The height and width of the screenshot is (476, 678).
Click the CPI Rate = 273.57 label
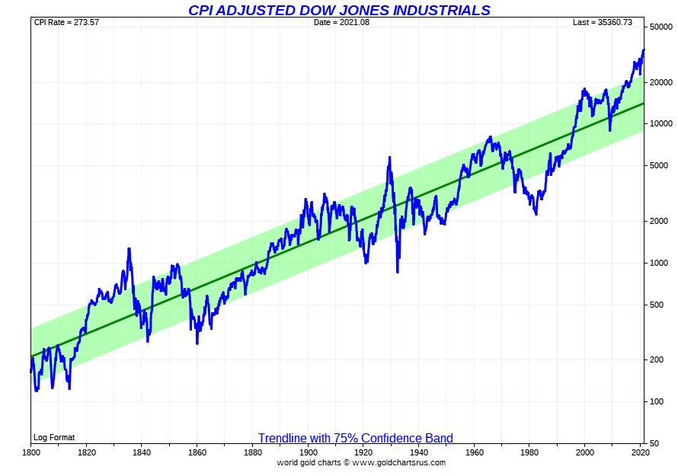pos(66,22)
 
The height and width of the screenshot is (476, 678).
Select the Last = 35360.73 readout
pos(603,22)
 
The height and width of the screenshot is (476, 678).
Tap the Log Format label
pos(54,437)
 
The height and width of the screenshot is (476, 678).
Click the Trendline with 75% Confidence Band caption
pos(355,438)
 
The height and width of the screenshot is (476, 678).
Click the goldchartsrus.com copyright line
pos(361,462)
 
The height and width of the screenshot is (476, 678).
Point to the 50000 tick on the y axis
pos(660,27)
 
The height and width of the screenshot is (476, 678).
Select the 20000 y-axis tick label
pos(660,82)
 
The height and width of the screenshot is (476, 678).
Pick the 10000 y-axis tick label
pos(660,124)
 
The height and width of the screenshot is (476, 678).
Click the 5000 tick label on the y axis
pos(659,166)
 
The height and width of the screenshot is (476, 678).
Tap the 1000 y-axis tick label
pos(659,264)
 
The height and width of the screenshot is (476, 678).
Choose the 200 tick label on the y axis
pos(657,360)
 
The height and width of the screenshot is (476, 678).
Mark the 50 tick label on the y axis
pos(654,444)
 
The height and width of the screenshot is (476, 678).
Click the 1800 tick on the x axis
pos(30,453)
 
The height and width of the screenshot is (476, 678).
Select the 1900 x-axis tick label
pos(308,453)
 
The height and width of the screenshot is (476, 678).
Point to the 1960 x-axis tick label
pos(474,453)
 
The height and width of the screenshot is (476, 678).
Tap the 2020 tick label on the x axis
pos(640,453)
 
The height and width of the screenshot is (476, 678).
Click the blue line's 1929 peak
pos(389,158)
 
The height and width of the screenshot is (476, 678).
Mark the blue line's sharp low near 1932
pos(397,271)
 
